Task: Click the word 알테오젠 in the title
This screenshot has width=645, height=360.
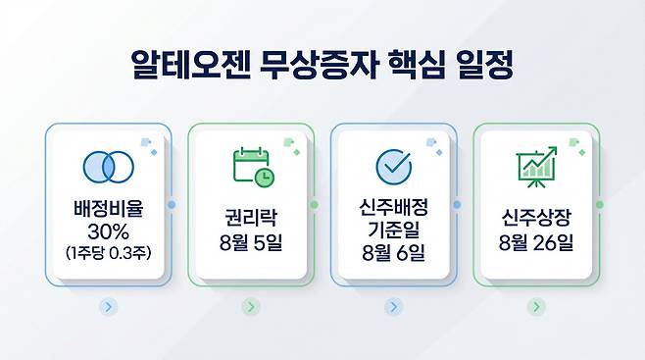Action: (x=190, y=65)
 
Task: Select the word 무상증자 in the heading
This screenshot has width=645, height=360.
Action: (x=320, y=65)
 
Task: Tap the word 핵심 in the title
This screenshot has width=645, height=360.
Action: (x=417, y=65)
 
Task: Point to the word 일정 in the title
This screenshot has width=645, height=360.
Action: (x=485, y=65)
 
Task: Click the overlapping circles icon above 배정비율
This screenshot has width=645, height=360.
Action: (x=109, y=167)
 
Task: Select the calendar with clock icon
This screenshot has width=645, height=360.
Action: (x=254, y=168)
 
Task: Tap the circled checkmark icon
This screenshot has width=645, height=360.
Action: (x=394, y=167)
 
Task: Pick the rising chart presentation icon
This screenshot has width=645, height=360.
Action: (x=537, y=167)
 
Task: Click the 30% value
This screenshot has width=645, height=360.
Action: (x=108, y=232)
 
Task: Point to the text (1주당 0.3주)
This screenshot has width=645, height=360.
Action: (x=108, y=252)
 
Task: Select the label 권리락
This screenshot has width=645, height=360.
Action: (x=251, y=218)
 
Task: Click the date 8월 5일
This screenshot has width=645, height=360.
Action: (x=251, y=242)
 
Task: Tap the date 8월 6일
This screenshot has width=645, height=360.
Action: (x=394, y=252)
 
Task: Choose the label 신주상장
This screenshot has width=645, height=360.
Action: (x=536, y=218)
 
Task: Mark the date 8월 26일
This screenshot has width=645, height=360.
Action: (x=536, y=242)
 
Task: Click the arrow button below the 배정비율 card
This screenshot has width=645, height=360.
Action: (x=108, y=307)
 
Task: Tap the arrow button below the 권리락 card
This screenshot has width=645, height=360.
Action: (x=251, y=307)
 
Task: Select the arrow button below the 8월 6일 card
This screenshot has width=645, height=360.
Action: (x=394, y=307)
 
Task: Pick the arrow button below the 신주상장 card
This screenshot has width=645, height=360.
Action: (x=536, y=307)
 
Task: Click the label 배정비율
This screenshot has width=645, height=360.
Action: (x=108, y=208)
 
